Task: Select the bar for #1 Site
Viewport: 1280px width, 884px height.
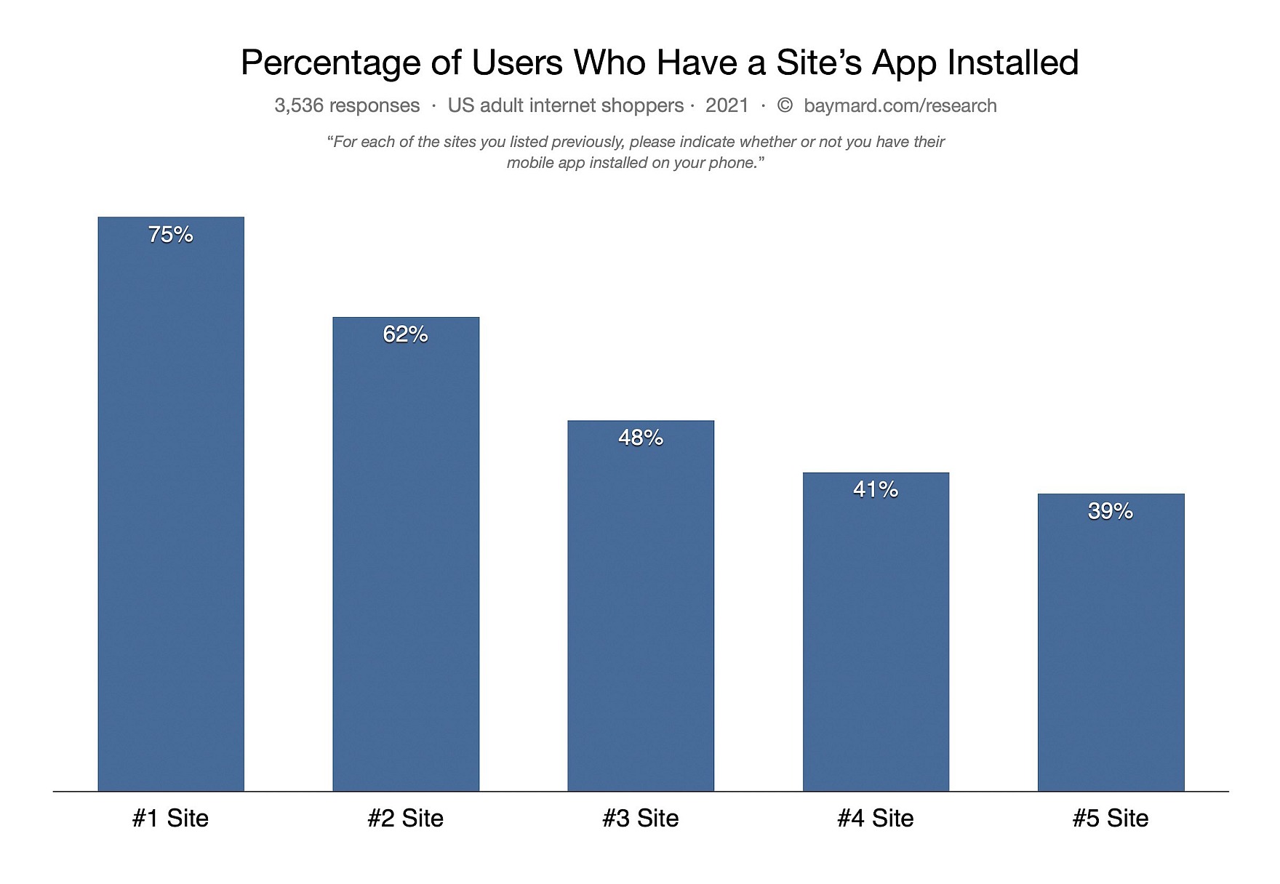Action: pos(171,509)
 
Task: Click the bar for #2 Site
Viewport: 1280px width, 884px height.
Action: pos(406,560)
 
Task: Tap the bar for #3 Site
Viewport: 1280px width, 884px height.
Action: pos(641,611)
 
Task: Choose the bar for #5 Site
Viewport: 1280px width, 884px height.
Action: pos(1111,647)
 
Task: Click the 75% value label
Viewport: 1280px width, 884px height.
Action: pos(171,234)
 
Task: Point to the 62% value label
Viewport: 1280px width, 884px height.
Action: pos(406,334)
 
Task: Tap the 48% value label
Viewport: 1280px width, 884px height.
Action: pos(641,437)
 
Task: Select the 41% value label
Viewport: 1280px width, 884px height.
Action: pos(876,489)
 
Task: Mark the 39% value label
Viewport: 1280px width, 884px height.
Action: pos(1111,511)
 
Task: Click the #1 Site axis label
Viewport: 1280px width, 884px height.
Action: pos(171,818)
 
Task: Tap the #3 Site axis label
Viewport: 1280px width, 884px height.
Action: pos(641,818)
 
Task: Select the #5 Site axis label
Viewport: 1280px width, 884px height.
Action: pos(1111,818)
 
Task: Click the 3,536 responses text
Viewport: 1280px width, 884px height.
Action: pos(347,105)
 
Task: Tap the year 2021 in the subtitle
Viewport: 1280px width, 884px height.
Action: pos(727,105)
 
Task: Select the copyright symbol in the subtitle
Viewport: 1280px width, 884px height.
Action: pos(785,105)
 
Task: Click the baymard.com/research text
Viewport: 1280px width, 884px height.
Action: pos(900,105)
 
